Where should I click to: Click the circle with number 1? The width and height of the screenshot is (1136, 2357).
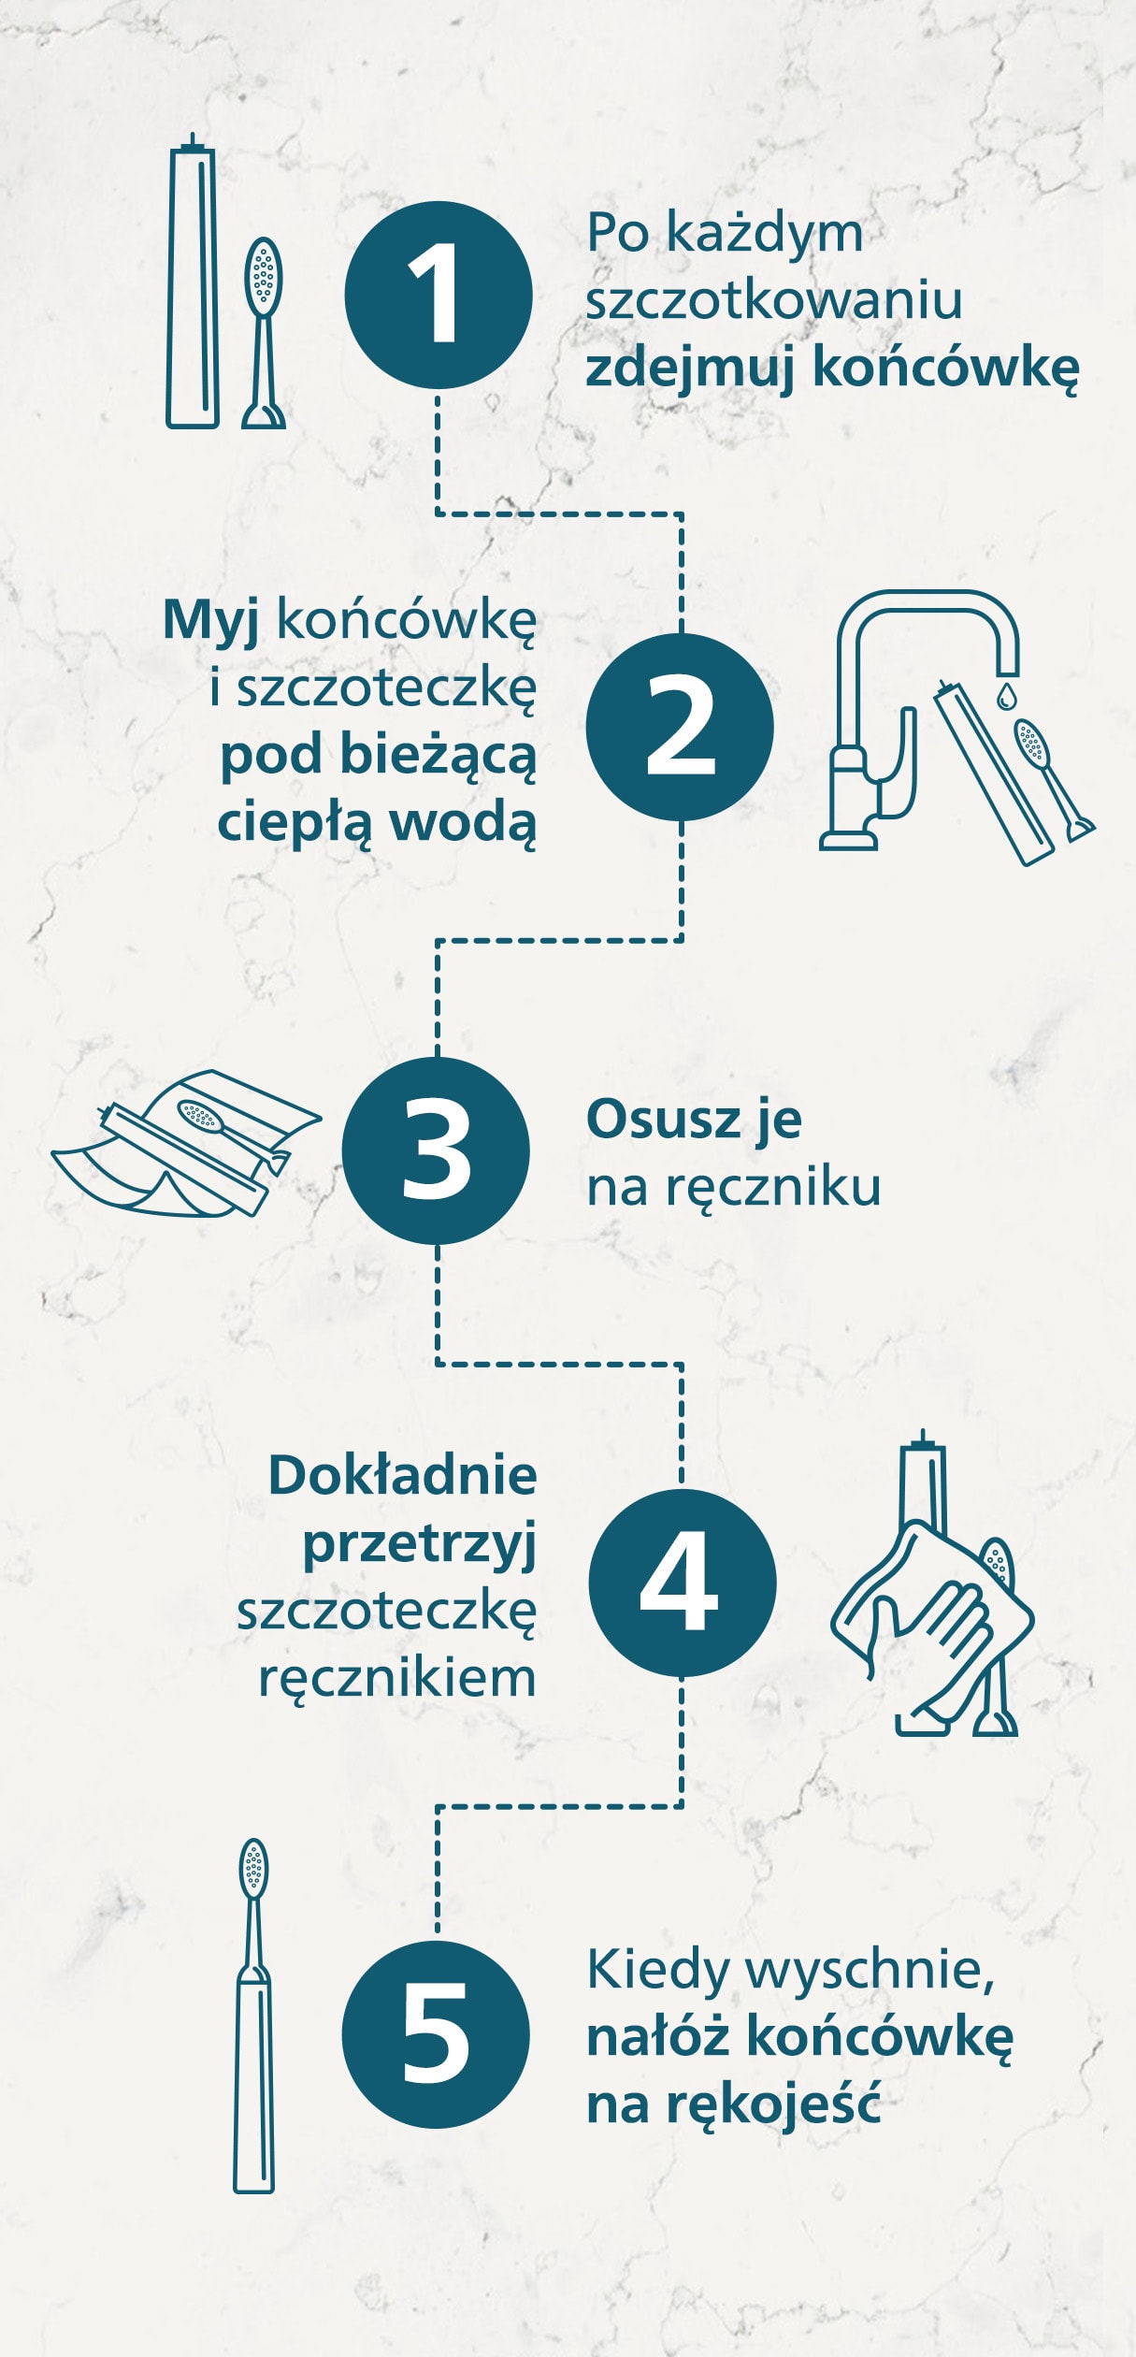(438, 296)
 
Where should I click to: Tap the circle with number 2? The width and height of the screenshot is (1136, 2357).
(680, 727)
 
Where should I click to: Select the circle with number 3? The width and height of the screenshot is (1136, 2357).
(436, 1150)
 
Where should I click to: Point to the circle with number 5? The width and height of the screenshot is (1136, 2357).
(436, 2033)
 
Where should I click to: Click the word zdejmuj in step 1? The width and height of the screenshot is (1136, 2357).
(690, 369)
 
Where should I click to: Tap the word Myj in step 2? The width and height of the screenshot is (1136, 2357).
(211, 621)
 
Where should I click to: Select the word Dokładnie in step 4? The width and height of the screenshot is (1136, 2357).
(402, 1476)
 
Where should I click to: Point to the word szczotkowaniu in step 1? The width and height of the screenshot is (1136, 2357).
(773, 301)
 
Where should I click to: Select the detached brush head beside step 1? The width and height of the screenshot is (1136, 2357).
(264, 332)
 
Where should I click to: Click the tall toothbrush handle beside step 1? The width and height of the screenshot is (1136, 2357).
(193, 285)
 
